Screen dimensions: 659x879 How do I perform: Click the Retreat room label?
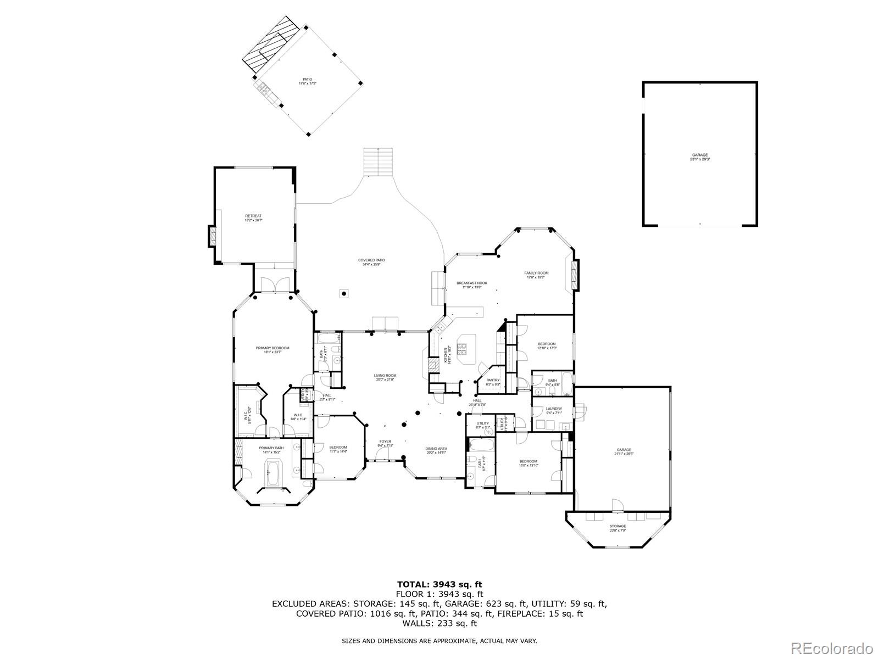[x=253, y=218]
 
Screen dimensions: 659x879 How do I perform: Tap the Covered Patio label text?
[x=371, y=262]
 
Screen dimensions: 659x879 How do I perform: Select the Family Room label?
[x=536, y=275]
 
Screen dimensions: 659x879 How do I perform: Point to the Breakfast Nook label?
[x=472, y=285]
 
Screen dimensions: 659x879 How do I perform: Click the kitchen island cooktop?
[x=462, y=348]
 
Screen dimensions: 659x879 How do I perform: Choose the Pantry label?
[x=493, y=382]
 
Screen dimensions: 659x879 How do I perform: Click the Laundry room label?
[x=553, y=411]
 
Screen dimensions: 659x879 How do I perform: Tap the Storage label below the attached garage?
[x=617, y=528]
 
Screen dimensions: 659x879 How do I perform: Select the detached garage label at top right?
[x=699, y=157]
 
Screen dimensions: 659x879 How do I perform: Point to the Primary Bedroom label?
[x=272, y=350]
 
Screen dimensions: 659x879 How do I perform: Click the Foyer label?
[x=385, y=443]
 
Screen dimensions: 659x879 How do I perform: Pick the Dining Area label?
[x=436, y=450]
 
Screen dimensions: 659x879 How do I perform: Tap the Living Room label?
[x=385, y=378]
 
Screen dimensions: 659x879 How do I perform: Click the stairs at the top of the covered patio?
[x=379, y=161]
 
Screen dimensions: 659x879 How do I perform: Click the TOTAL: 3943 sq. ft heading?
[x=439, y=584]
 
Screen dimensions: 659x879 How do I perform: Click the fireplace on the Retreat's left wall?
[x=212, y=236]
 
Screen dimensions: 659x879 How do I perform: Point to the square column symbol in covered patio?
[x=344, y=293]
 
